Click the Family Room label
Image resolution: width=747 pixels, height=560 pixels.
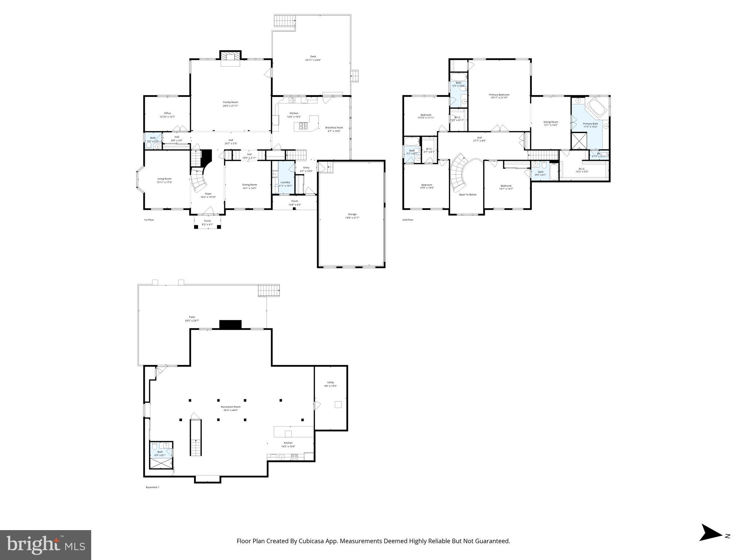click(231, 102)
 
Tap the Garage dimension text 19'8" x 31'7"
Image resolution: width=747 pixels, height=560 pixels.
click(352, 218)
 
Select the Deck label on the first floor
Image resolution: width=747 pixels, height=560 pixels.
click(313, 57)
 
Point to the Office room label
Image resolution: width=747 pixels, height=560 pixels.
click(167, 113)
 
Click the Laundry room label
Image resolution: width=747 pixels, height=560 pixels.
click(285, 182)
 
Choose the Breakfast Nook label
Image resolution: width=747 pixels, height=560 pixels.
click(334, 128)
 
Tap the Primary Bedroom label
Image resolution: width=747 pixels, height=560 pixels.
click(499, 95)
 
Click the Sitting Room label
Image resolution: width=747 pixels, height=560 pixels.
click(550, 122)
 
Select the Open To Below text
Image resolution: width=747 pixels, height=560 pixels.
click(467, 195)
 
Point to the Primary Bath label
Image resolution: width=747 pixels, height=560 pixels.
click(590, 124)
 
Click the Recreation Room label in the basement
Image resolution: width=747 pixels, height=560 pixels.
click(231, 407)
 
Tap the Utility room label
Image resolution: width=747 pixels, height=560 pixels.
click(330, 382)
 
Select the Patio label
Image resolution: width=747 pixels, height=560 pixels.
click(192, 317)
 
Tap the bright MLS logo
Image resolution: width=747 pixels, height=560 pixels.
click(46, 545)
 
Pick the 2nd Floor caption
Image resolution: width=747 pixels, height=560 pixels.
click(408, 220)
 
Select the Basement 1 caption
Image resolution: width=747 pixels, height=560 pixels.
click(152, 487)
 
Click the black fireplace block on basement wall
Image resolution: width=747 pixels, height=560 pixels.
click(230, 324)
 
